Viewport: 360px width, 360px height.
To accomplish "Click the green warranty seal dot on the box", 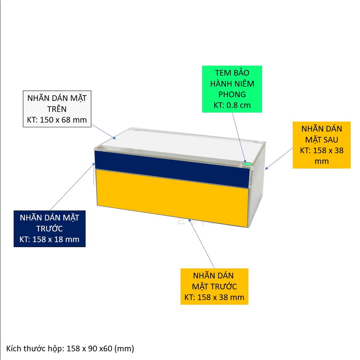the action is point(247,164).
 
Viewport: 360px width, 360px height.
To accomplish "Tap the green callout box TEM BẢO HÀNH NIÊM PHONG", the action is point(232,89).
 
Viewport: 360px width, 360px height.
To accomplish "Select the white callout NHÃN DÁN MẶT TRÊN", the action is point(57,109).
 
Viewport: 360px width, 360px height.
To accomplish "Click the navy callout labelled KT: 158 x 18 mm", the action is point(50,229).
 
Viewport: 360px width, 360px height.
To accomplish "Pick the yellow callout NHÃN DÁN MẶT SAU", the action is point(321,145).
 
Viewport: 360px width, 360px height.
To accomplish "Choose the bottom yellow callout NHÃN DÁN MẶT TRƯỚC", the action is point(214,287).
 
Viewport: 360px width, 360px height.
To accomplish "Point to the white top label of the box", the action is point(181,146).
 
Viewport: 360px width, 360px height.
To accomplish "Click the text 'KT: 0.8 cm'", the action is point(232,105).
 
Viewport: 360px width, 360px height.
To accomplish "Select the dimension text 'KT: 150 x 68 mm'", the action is point(57,120).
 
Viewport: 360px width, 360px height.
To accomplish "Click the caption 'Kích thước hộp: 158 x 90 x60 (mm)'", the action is point(70,348).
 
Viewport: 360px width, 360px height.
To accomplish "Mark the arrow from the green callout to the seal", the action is point(239,138).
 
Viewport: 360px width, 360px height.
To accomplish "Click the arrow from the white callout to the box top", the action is point(104,132).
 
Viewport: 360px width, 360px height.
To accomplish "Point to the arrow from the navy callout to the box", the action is point(72,186).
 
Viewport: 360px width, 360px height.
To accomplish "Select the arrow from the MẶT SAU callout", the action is point(279,159).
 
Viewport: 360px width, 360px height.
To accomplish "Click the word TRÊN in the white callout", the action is point(57,109).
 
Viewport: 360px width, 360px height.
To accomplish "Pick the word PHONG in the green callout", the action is point(232,94).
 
